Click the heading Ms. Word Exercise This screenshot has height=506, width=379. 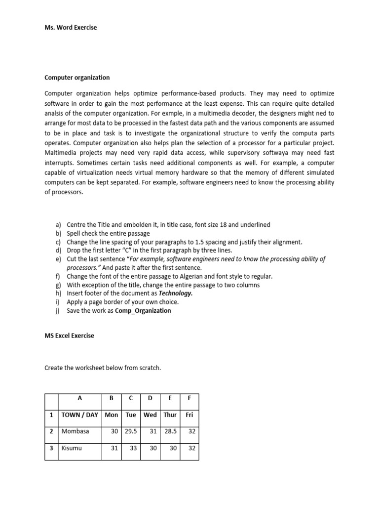pyautogui.click(x=71, y=28)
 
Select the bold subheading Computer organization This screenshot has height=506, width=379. pyautogui.click(x=77, y=78)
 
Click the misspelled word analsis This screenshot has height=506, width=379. pyautogui.click(x=54, y=113)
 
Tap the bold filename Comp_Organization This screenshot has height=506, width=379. pyautogui.click(x=143, y=310)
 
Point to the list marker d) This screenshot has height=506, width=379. pyautogui.click(x=58, y=250)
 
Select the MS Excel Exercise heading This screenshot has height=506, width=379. pyautogui.click(x=69, y=336)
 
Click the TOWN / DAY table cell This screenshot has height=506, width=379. pyautogui.click(x=80, y=415)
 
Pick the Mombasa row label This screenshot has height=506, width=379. pyautogui.click(x=76, y=431)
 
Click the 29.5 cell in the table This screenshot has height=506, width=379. pyautogui.click(x=130, y=431)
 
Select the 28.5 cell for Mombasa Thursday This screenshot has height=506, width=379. pyautogui.click(x=170, y=431)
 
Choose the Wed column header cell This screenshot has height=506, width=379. pyautogui.click(x=150, y=415)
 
